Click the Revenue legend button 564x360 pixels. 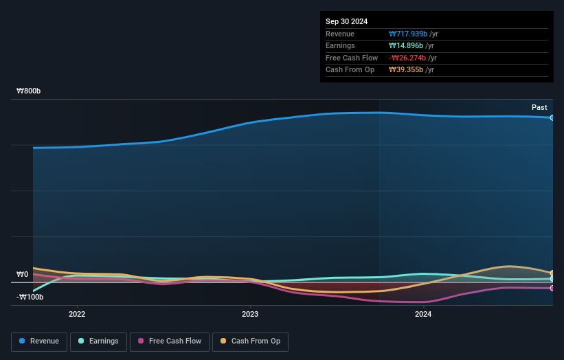(x=39, y=341)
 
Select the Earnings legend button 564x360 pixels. (x=99, y=341)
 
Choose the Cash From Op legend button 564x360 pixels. (x=250, y=341)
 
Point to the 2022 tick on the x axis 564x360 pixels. (x=77, y=314)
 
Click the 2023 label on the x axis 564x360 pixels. (x=250, y=314)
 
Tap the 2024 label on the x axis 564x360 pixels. (x=423, y=314)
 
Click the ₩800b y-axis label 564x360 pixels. (x=29, y=91)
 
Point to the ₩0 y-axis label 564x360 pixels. (x=23, y=274)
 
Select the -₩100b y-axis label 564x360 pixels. (x=30, y=297)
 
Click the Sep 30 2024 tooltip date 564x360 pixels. (x=347, y=21)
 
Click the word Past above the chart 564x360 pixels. (x=539, y=107)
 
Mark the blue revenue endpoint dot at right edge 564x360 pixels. (x=552, y=117)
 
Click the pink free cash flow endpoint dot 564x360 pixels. (x=552, y=288)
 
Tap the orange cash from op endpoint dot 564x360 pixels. (x=552, y=273)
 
